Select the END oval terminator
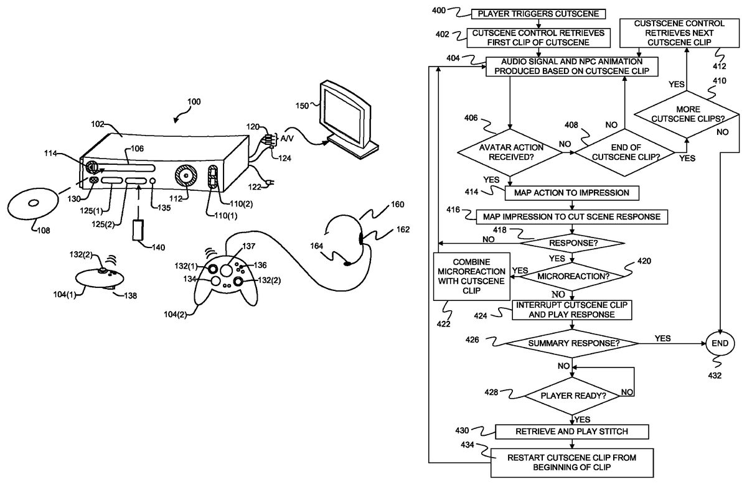tap(720, 343)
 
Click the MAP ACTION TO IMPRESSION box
tap(572, 193)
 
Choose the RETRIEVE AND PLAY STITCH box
tap(571, 432)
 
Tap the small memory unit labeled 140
tap(139, 230)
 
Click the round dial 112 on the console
tap(186, 177)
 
